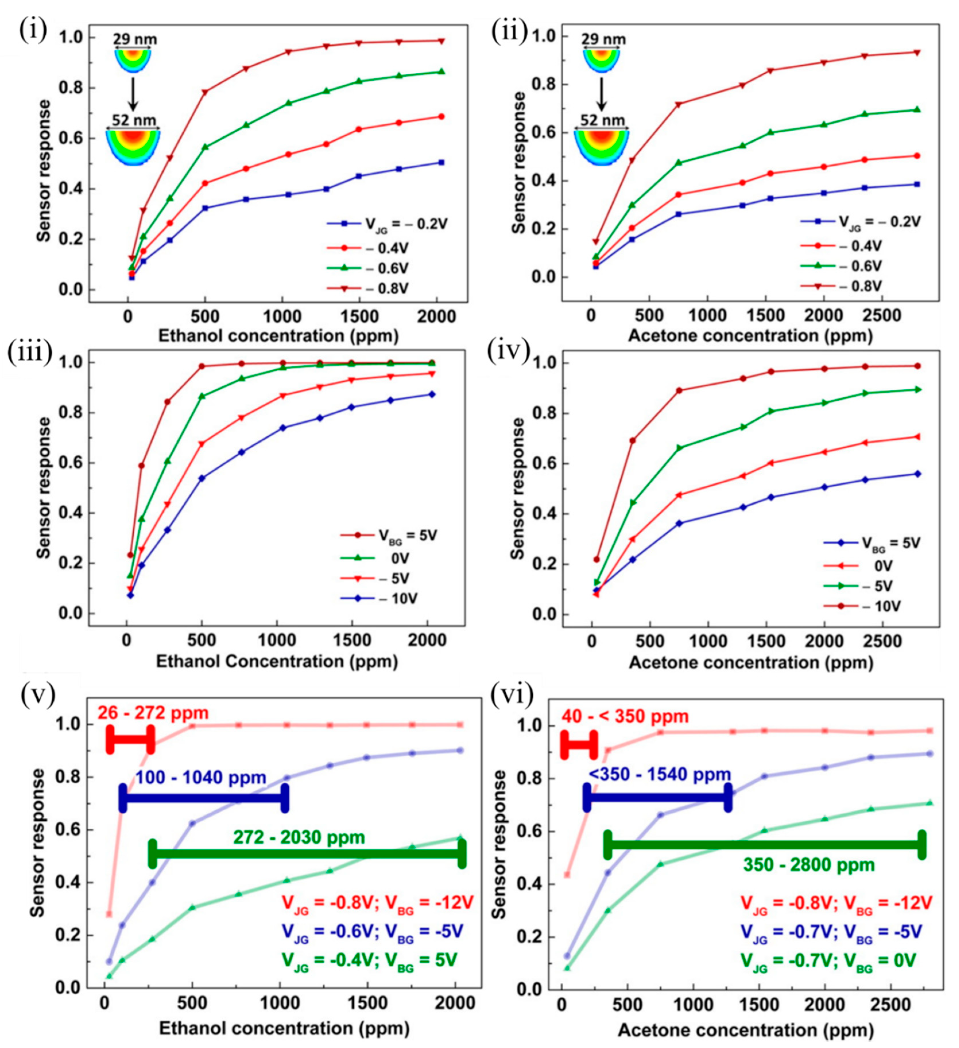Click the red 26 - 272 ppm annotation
(153, 713)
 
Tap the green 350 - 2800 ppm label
(809, 865)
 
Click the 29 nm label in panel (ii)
(603, 40)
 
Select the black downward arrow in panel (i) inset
(133, 94)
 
